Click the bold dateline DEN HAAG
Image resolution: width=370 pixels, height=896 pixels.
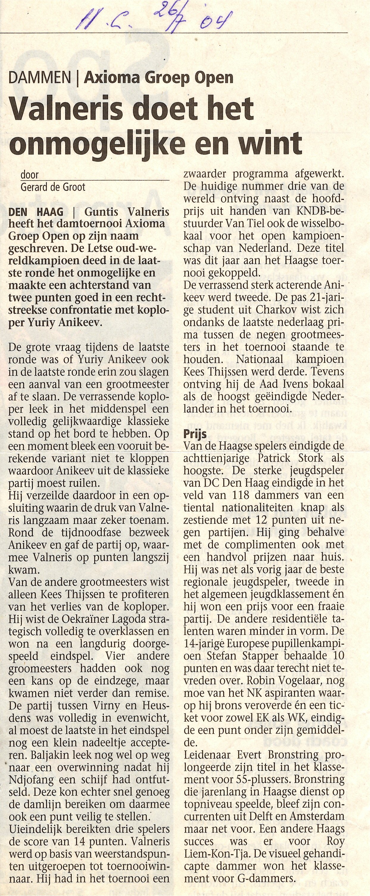pos(36,212)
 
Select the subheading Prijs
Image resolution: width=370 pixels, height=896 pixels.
pos(195,434)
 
